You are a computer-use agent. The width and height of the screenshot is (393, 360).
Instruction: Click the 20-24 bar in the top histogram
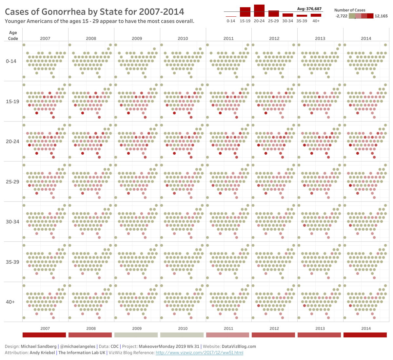point(259,10)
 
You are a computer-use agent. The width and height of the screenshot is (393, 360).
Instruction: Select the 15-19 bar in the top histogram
point(245,12)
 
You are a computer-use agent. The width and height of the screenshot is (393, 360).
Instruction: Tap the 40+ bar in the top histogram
point(316,15)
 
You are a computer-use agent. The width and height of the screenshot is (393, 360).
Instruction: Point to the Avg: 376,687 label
point(309,9)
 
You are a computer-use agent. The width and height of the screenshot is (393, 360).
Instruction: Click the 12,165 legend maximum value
point(381,16)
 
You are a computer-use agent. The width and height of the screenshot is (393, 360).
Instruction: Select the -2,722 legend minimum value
point(342,16)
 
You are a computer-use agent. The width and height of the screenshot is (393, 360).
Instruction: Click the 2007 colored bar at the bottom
point(44,335)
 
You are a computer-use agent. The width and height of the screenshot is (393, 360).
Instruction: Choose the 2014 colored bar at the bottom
point(365,335)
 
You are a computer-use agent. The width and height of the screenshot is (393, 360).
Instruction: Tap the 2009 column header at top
point(137,38)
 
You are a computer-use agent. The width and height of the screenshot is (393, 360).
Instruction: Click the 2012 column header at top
point(274,38)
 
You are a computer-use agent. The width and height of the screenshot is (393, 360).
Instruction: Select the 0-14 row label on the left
point(11,61)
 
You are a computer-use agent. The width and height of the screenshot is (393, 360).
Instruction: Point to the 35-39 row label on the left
point(12,262)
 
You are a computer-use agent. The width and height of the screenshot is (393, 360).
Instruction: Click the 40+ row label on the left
point(10,302)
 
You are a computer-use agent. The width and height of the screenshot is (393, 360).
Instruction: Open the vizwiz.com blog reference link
point(199,353)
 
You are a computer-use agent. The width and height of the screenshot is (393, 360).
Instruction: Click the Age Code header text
point(13,35)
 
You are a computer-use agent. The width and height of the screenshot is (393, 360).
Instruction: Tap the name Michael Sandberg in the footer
point(38,347)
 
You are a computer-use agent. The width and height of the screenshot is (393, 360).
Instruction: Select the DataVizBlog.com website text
point(239,347)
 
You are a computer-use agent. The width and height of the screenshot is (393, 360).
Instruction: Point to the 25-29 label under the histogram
point(273,21)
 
